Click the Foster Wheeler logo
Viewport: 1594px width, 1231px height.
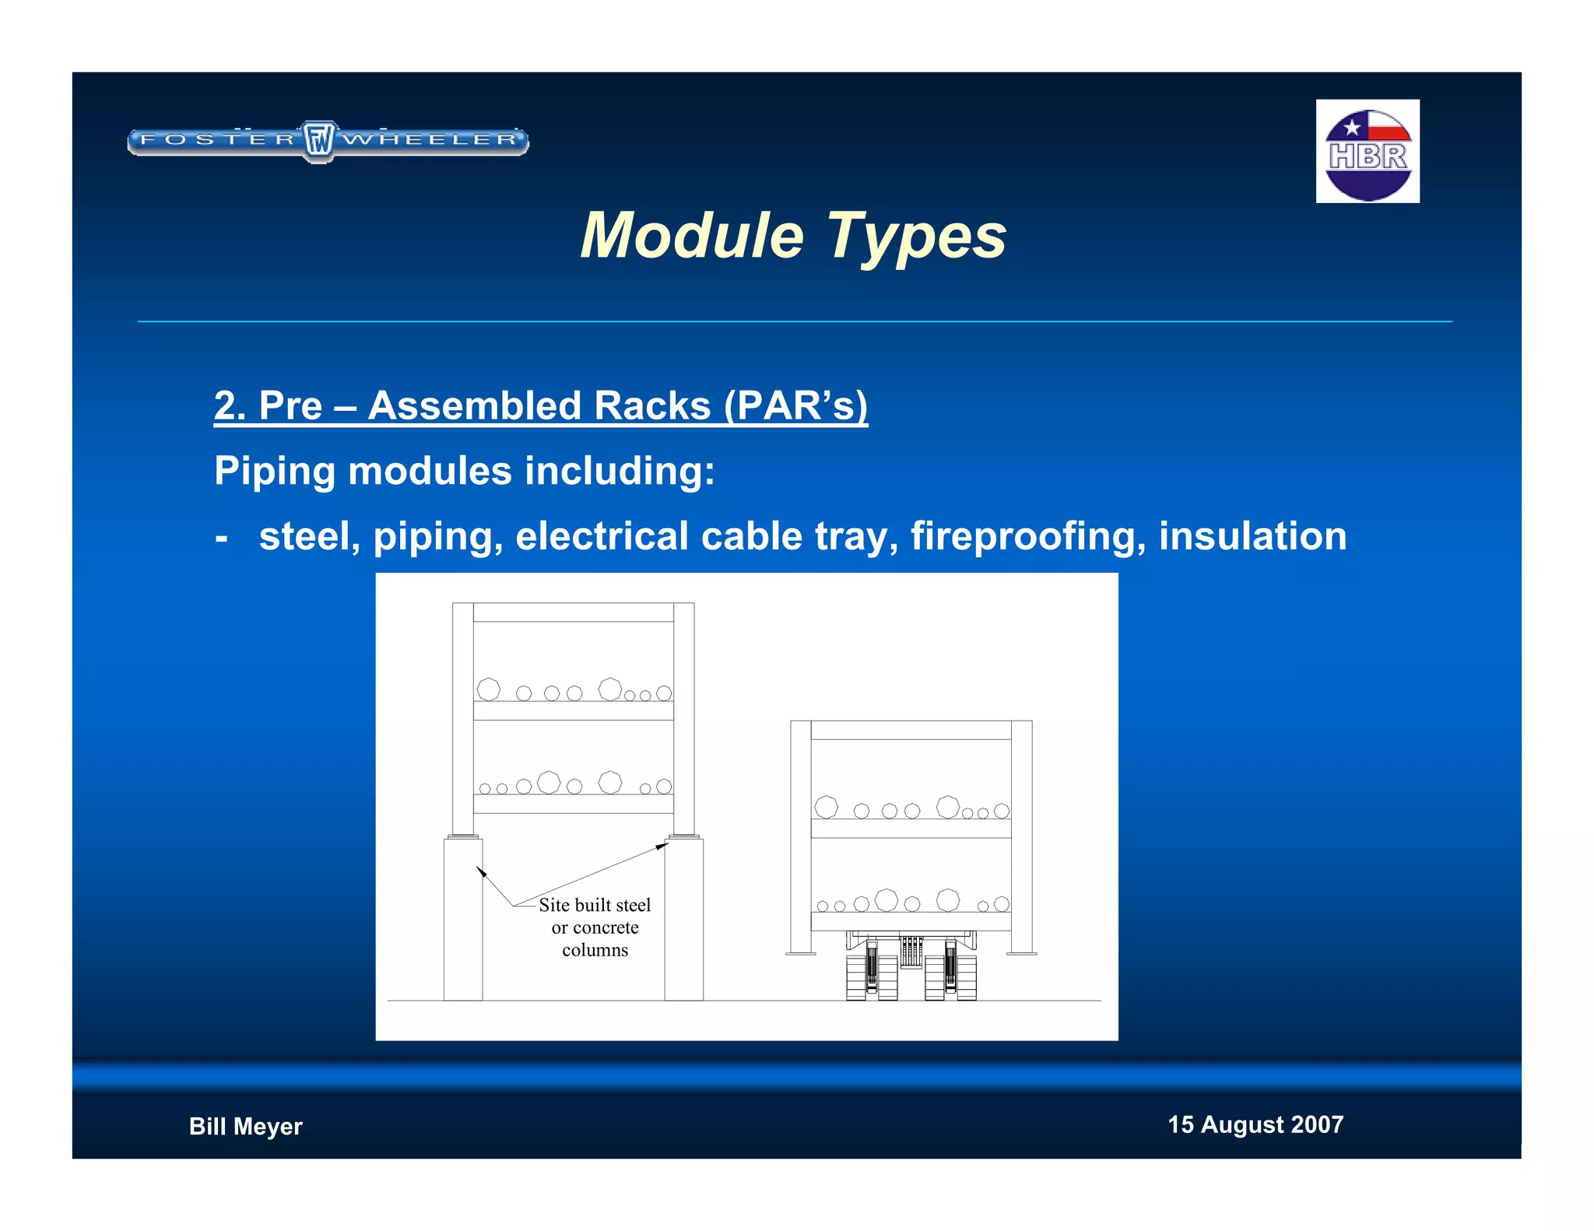pyautogui.click(x=328, y=141)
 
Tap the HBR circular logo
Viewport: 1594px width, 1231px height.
pyautogui.click(x=1368, y=153)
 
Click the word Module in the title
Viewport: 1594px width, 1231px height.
pyautogui.click(x=692, y=236)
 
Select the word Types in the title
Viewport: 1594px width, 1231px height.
pyautogui.click(x=916, y=237)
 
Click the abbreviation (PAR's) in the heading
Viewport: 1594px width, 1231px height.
pyautogui.click(x=795, y=405)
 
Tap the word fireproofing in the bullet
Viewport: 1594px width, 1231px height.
pyautogui.click(x=1027, y=536)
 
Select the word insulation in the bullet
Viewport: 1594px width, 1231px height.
pyautogui.click(x=1252, y=536)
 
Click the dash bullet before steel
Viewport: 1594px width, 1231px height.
pyautogui.click(x=222, y=537)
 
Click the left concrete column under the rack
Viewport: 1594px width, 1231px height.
pyautogui.click(x=462, y=918)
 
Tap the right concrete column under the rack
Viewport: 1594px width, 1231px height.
pyautogui.click(x=683, y=918)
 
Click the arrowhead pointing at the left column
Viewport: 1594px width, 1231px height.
pyautogui.click(x=481, y=872)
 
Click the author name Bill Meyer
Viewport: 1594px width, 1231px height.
pyautogui.click(x=245, y=1126)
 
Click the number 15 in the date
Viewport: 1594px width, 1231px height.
pyautogui.click(x=1180, y=1124)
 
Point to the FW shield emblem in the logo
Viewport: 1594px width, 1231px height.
pyautogui.click(x=318, y=141)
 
